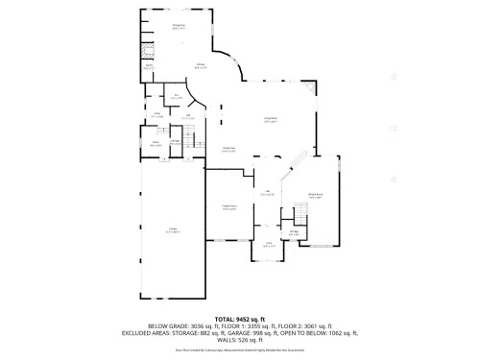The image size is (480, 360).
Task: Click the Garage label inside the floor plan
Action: (x=173, y=231)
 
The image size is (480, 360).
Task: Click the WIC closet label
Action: (x=176, y=98)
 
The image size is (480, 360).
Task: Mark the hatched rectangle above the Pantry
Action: (x=148, y=52)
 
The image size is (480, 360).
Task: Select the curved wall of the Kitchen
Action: (x=240, y=72)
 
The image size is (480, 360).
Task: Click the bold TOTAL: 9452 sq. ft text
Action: (x=239, y=318)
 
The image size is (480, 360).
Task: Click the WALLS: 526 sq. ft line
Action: (x=239, y=341)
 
